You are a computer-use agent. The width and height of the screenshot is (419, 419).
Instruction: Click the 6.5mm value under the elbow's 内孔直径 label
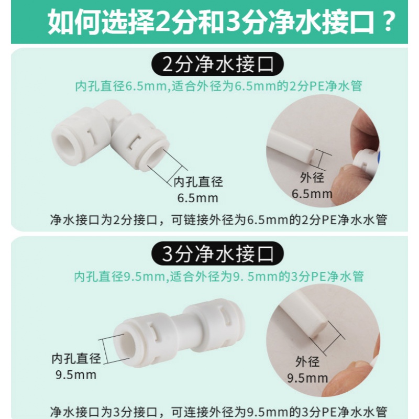198,198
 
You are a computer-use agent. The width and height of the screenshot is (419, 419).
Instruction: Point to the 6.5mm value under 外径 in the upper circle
312,194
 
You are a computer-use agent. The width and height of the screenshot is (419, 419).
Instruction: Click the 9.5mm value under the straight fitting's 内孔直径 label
76,374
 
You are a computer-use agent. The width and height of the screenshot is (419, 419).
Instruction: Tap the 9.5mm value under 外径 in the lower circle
307,378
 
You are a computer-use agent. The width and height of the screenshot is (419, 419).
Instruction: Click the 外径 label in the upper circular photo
312,178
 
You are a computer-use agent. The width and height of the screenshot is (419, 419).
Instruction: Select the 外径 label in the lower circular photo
307,361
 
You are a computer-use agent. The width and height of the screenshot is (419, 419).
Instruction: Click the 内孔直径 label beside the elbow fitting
198,182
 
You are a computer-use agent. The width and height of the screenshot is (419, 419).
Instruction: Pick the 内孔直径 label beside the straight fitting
76,359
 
